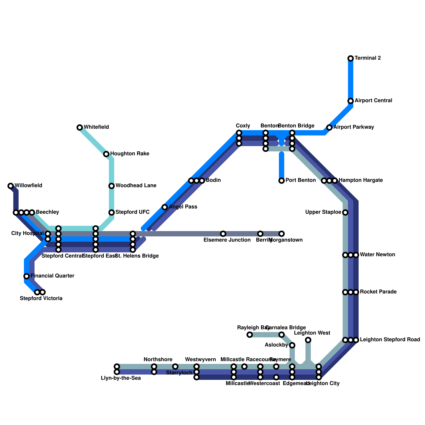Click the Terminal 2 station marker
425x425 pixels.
pyautogui.click(x=351, y=58)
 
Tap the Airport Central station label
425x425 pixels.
pyautogui.click(x=373, y=101)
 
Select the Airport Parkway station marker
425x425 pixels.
pyautogui.click(x=329, y=127)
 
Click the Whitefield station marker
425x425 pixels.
pyautogui.click(x=80, y=127)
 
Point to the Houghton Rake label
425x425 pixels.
pyautogui.click(x=130, y=154)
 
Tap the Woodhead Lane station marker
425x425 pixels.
pyautogui.click(x=112, y=186)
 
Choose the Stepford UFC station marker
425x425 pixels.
pyautogui.click(x=112, y=212)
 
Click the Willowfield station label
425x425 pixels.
pyautogui.click(x=28, y=186)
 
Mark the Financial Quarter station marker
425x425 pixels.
pyautogui.click(x=27, y=276)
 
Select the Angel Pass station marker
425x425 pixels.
pyautogui.click(x=165, y=207)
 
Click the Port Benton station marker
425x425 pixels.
pyautogui.click(x=282, y=181)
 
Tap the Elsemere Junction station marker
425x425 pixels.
pyautogui.click(x=223, y=234)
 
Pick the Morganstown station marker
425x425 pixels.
pyautogui.click(x=282, y=234)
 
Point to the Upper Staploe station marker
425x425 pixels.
pyautogui.click(x=345, y=212)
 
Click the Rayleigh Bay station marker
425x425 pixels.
pyautogui.click(x=250, y=335)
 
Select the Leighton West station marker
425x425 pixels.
pyautogui.click(x=308, y=340)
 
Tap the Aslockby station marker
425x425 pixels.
pyautogui.click(x=292, y=345)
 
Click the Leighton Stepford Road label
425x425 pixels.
pyautogui.click(x=390, y=340)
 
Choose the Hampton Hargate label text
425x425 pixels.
pyautogui.click(x=360, y=180)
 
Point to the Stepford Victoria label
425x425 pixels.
pyautogui.click(x=41, y=299)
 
